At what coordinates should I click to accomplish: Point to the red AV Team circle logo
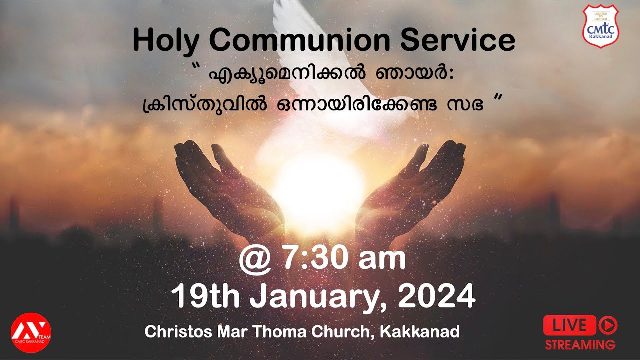(x=31, y=331)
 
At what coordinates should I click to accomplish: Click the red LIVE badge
(x=569, y=325)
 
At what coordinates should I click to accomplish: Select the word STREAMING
(x=580, y=344)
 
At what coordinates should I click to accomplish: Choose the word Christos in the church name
(x=171, y=332)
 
